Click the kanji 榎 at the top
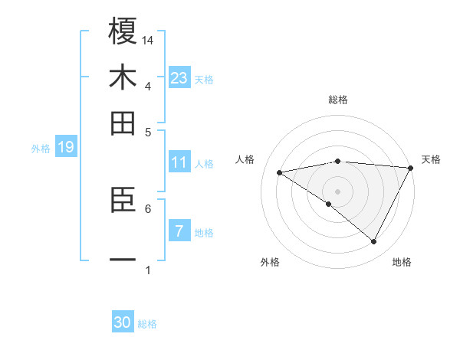tap(123, 31)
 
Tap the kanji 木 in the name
tap(123, 78)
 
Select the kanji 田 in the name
tap(123, 123)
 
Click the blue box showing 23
tap(179, 78)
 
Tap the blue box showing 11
tap(179, 162)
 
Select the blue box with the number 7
tap(179, 231)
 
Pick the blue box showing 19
tap(65, 147)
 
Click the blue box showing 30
tap(123, 322)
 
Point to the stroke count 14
tap(148, 39)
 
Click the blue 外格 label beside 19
tap(40, 149)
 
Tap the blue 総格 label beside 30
tap(147, 324)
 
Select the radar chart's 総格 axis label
tap(337, 100)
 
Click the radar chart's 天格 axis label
tap(431, 159)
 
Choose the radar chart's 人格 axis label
tap(245, 159)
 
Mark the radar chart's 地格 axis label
tap(402, 262)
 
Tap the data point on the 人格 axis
tap(280, 172)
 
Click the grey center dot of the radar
tap(337, 190)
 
